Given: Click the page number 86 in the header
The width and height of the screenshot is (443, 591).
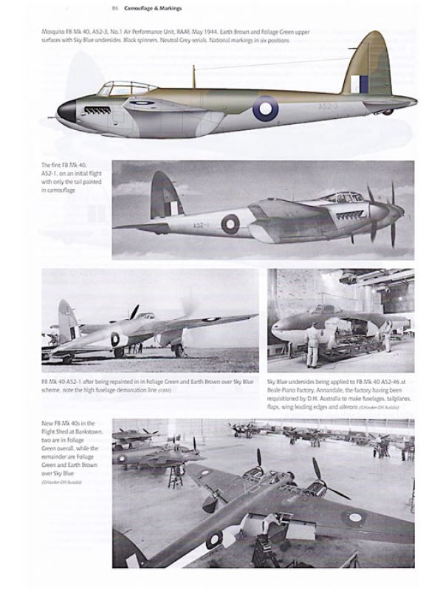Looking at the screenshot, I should [115, 9].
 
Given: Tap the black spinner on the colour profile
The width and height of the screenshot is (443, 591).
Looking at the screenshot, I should [66, 111].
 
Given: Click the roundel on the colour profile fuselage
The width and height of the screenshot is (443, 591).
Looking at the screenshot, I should [265, 108].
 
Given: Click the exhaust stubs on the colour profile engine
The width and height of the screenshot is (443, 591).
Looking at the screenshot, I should [97, 111].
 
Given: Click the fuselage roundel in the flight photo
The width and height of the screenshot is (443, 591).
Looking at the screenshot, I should [230, 224].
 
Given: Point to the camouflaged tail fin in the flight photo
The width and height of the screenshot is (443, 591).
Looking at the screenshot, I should [167, 196].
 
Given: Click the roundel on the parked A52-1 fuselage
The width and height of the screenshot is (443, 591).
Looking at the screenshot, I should [115, 339].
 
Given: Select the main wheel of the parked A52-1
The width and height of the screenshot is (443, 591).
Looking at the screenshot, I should [179, 350].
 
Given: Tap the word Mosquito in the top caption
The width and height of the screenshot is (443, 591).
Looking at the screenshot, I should [52, 33].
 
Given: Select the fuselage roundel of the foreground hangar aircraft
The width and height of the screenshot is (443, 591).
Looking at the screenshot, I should [214, 539].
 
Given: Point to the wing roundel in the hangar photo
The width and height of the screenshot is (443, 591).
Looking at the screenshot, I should [357, 517].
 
